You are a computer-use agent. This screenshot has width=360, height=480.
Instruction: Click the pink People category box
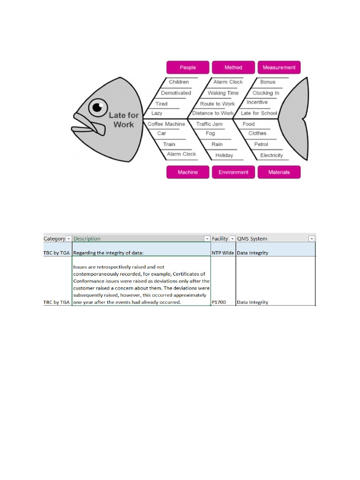[187, 67]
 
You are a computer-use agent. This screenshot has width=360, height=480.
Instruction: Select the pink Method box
[233, 67]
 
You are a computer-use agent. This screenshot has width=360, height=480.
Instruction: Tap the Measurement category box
[279, 67]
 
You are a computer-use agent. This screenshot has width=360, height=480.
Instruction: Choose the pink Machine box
[187, 172]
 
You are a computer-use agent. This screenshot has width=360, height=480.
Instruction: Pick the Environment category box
[233, 172]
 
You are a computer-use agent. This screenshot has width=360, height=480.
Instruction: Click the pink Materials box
[279, 172]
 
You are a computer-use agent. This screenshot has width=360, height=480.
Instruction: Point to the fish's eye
[97, 108]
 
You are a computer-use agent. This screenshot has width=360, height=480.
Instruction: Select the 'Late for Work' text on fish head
[123, 120]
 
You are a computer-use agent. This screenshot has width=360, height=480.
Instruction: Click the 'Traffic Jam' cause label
[209, 124]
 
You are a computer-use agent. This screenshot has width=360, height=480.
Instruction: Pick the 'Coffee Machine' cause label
[166, 124]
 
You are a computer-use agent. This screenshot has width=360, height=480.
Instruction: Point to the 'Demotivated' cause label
[176, 93]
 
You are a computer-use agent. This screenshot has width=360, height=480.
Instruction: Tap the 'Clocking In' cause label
[266, 93]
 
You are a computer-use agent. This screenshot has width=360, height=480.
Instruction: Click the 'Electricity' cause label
[271, 155]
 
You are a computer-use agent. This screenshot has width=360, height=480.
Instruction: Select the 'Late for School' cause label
[259, 113]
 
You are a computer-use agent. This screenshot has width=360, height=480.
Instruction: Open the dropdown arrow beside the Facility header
[232, 239]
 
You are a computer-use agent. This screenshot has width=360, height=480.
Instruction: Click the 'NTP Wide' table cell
[223, 253]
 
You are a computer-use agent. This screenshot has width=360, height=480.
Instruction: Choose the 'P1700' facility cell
[218, 302]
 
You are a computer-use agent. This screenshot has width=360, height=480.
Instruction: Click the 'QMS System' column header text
[252, 239]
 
